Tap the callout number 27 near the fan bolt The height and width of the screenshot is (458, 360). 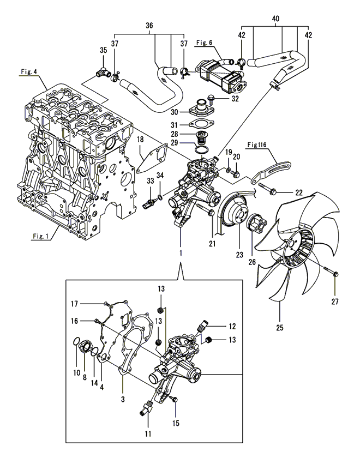[335, 301]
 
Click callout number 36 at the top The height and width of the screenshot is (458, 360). [149, 26]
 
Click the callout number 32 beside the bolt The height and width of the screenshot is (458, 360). [235, 99]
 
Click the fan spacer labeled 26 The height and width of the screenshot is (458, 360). [257, 225]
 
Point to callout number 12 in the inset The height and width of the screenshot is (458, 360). [232, 327]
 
